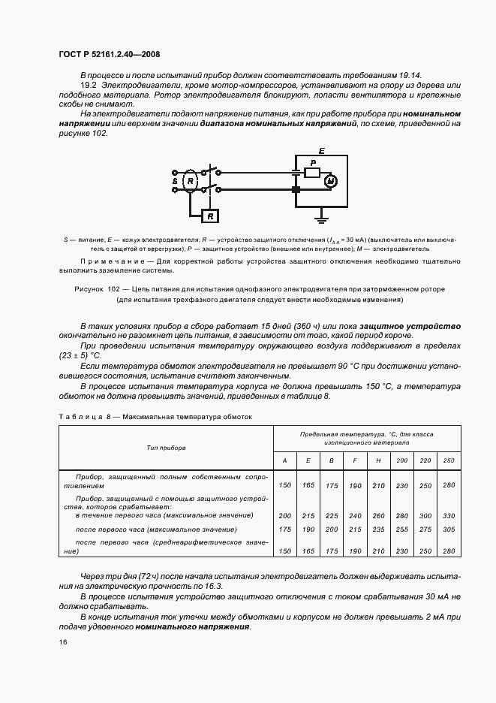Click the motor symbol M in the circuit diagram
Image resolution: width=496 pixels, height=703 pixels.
[331, 180]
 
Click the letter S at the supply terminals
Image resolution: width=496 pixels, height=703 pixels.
[174, 182]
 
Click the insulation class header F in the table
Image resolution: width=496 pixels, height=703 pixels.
[355, 460]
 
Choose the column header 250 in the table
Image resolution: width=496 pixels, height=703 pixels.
[449, 460]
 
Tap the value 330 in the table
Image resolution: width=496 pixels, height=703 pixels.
[449, 516]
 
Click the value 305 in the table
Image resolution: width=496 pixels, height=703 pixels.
[449, 530]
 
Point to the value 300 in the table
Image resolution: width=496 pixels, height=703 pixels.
[425, 516]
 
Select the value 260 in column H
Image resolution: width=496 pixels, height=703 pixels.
[378, 516]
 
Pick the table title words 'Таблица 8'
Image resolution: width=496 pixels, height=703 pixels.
[86, 415]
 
